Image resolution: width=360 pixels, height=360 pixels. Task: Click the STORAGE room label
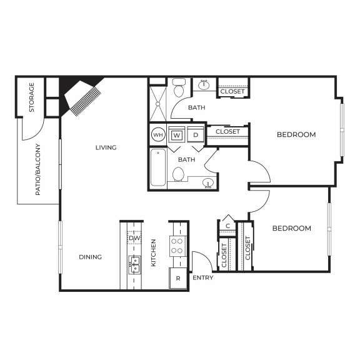31,97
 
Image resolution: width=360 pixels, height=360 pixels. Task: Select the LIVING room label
106,147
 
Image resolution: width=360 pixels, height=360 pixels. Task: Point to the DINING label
90,257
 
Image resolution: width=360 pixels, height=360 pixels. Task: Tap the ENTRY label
202,277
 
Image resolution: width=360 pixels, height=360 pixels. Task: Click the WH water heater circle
158,134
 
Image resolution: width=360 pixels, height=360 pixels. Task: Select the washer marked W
177,134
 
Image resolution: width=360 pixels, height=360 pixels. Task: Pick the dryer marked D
195,134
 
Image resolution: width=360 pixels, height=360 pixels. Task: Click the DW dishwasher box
134,238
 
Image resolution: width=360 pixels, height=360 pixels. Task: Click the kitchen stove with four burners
178,246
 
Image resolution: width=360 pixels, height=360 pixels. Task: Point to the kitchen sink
134,261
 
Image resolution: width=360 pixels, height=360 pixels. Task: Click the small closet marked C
228,226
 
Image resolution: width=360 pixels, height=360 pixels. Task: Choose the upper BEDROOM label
296,134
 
